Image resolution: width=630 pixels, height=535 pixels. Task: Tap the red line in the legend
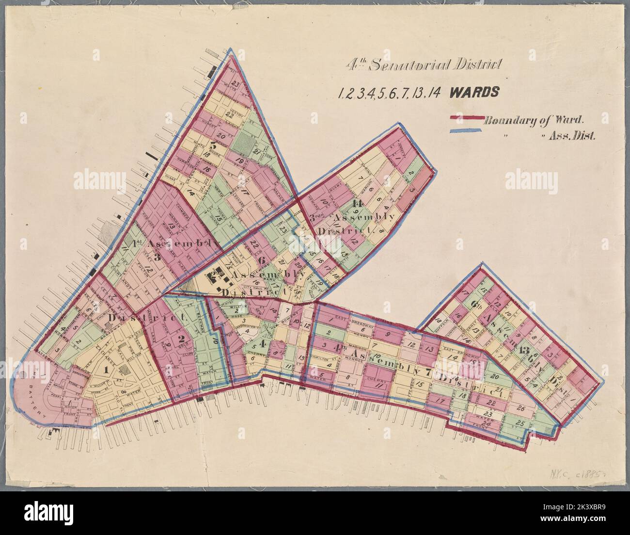click(467, 117)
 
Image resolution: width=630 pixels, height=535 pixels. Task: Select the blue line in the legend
click(467, 131)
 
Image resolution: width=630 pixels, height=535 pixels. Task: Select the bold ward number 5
click(213, 145)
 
